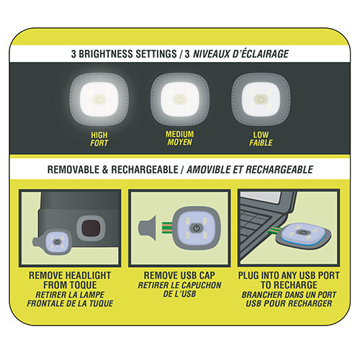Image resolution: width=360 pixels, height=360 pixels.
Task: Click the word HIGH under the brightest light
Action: point(99,134)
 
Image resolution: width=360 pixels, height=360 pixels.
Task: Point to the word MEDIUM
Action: point(179,134)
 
